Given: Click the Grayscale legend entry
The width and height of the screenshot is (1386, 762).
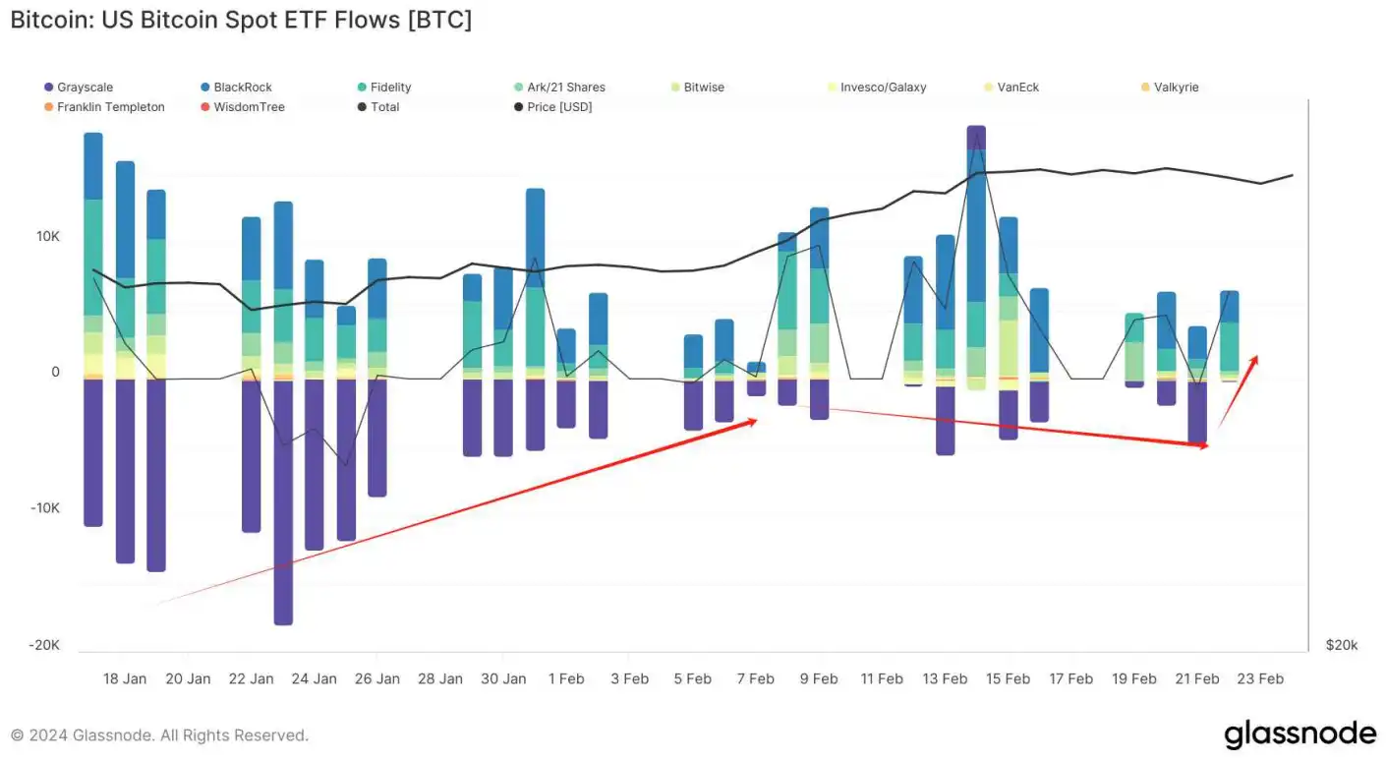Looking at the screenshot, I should point(85,88).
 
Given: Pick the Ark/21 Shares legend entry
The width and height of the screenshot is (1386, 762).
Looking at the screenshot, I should point(566,88).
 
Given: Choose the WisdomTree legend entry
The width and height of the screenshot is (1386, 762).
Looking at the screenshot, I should point(249,107).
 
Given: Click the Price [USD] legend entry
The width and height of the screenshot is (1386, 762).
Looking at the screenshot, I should point(559,107).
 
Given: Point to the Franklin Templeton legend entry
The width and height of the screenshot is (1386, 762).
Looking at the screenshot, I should point(110,107).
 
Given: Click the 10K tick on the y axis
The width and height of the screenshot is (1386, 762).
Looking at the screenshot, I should point(48,236).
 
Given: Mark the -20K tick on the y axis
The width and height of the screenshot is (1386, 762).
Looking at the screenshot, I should point(44,645).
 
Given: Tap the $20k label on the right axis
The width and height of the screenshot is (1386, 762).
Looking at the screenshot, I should point(1341,645).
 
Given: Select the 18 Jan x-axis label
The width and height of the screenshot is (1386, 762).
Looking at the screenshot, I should point(125,678).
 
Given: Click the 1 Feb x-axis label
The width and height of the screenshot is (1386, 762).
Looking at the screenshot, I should point(566,678).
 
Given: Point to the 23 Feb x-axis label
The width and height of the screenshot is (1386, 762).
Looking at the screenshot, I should point(1260,678).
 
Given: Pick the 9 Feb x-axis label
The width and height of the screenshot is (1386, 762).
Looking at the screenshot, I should point(819,678).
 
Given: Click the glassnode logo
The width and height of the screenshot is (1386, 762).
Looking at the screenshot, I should point(1299,734).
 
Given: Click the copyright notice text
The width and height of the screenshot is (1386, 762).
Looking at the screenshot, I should point(159,735).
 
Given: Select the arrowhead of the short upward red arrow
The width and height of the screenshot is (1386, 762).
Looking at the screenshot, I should point(1255,359).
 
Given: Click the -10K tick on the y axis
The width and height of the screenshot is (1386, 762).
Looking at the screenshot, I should point(44,508).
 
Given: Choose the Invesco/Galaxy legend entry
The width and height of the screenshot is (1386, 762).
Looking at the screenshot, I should point(883,88).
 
